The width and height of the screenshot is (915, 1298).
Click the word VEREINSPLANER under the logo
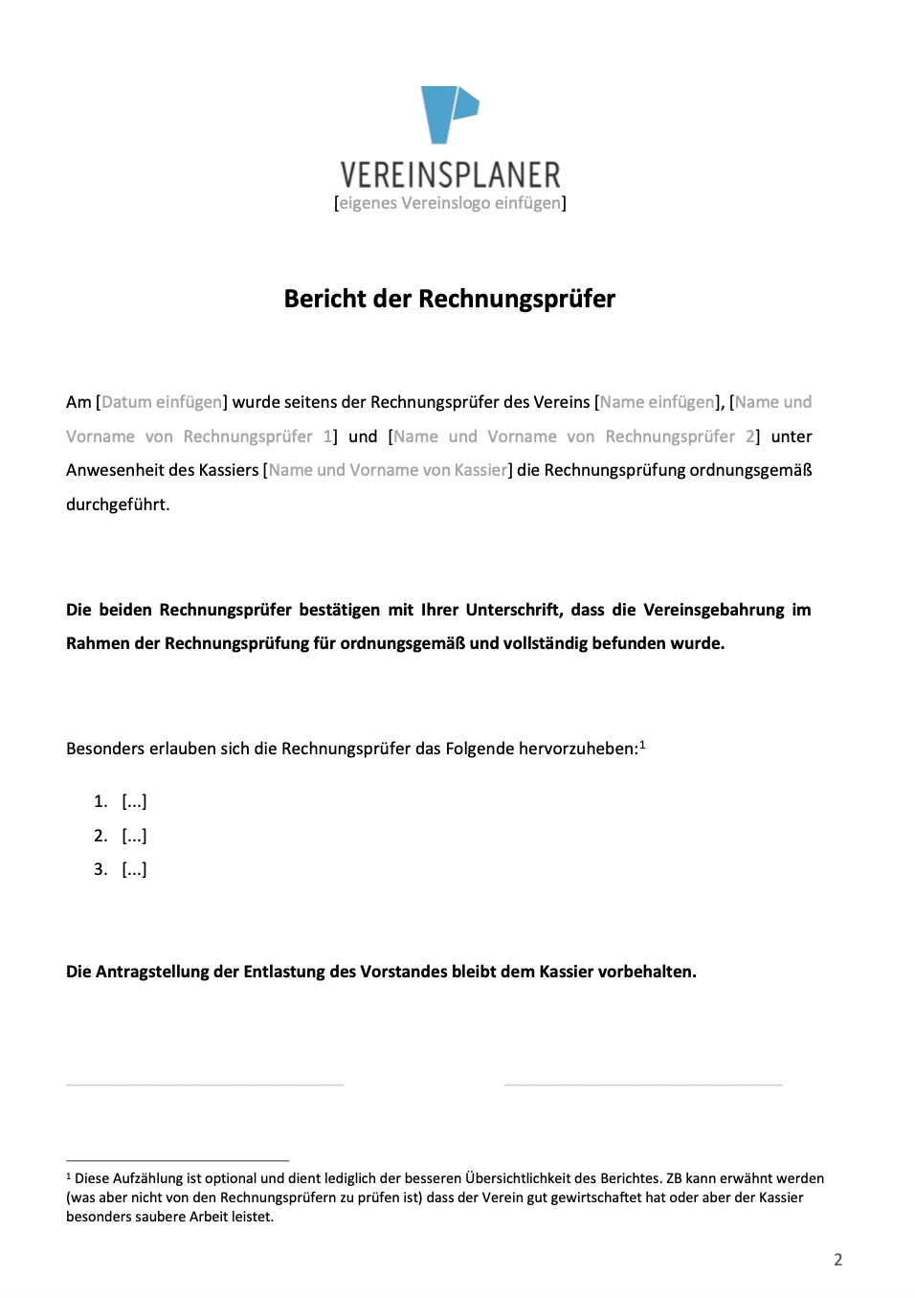[450, 175]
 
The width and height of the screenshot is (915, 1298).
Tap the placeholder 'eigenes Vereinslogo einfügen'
[450, 203]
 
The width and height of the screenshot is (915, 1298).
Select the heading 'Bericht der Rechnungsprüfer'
[449, 299]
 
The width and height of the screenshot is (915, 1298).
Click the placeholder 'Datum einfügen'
[162, 402]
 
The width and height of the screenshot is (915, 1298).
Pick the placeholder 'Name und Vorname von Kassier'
[388, 470]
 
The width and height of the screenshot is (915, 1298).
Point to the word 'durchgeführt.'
[118, 504]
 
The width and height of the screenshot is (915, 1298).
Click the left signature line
[204, 1085]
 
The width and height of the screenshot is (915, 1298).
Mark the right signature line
[643, 1085]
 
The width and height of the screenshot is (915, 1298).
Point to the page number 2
[838, 1260]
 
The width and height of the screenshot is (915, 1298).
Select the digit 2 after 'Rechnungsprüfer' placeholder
[750, 436]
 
